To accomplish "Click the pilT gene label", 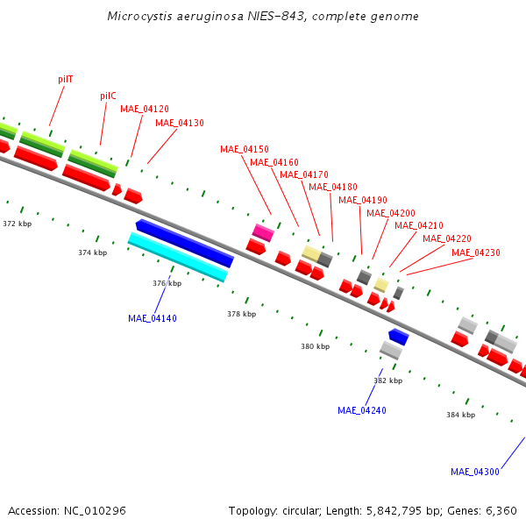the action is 66,80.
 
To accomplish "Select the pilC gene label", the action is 108,96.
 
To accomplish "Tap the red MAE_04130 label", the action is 180,123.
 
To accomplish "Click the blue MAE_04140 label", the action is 153,318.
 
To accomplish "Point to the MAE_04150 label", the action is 245,149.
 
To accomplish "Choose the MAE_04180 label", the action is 333,187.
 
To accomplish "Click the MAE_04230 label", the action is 476,252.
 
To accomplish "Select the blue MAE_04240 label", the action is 362,410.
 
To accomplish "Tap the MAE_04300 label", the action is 475,472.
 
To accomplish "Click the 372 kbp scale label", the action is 18,224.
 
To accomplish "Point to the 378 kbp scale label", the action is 242,314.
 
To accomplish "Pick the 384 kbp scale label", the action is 460,415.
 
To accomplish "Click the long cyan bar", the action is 178,257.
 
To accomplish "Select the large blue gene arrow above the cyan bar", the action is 185,243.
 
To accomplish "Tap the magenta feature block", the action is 263,232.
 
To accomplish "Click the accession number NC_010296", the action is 95,510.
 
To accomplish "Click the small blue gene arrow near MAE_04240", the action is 399,337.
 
